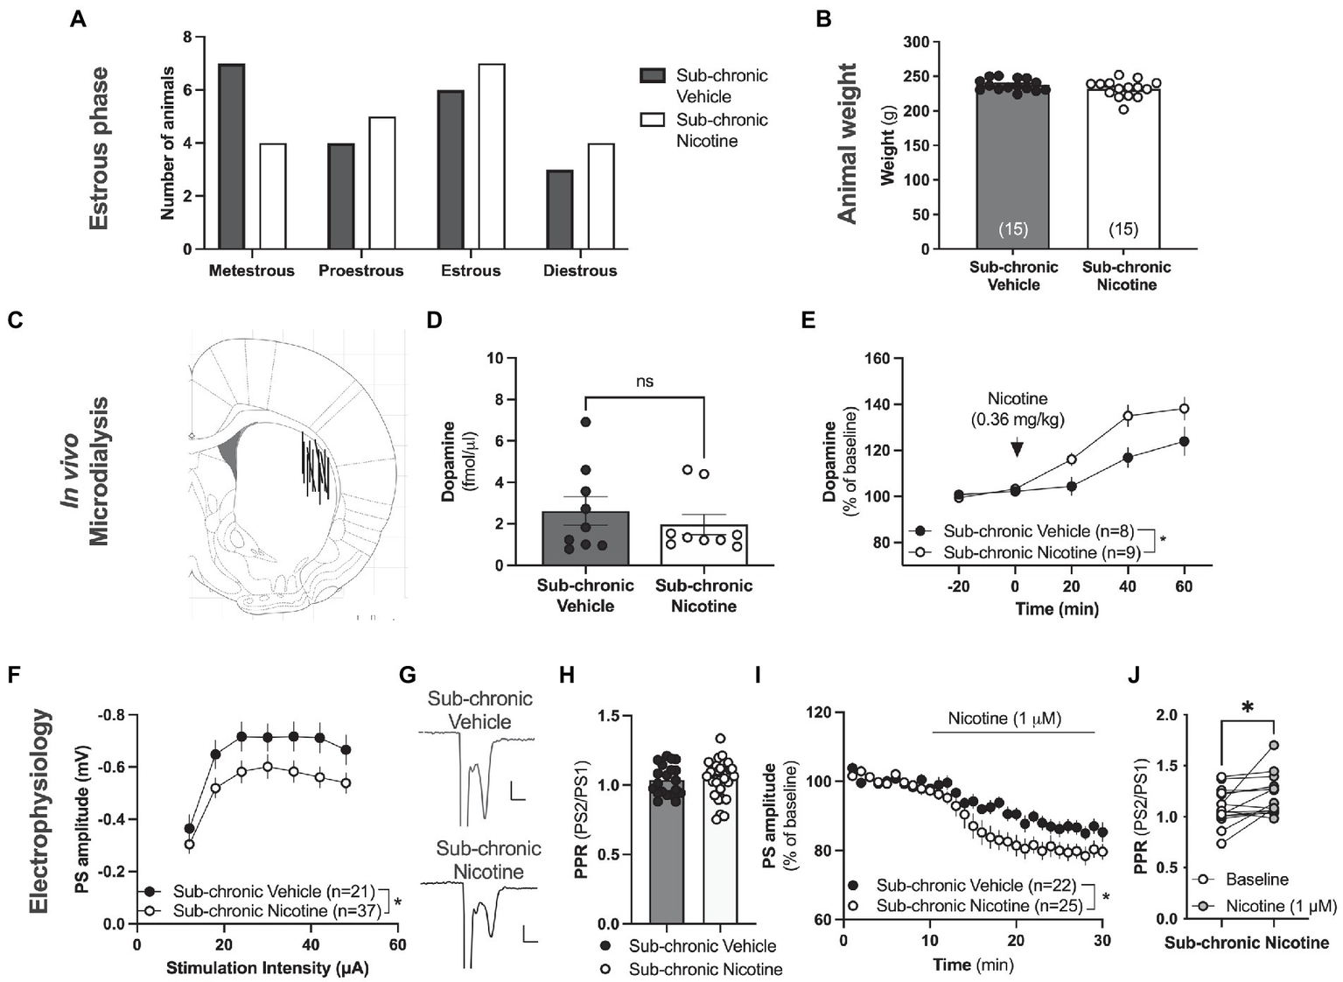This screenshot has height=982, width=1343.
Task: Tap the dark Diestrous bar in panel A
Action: (560, 209)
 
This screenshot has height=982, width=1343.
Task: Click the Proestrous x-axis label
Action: (360, 270)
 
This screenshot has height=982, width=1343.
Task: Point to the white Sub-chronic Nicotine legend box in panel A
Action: (653, 120)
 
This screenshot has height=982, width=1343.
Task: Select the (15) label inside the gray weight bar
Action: (1013, 229)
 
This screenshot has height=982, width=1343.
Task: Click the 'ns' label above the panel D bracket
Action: (645, 381)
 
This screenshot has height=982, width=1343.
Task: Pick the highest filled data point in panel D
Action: (585, 422)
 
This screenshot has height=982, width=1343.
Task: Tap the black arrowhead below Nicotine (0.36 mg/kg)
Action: (1016, 449)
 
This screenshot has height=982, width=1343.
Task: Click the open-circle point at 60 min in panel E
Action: (1184, 408)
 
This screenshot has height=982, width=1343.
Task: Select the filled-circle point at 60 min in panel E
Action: (1184, 441)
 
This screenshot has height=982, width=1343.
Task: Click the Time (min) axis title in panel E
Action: (1056, 608)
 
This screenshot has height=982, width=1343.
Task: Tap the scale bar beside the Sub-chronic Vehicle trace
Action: (517, 793)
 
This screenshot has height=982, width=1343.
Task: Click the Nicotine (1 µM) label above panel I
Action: (1004, 719)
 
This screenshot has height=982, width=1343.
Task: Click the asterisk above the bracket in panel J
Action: (1248, 708)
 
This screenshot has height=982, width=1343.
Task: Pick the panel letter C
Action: (15, 320)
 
